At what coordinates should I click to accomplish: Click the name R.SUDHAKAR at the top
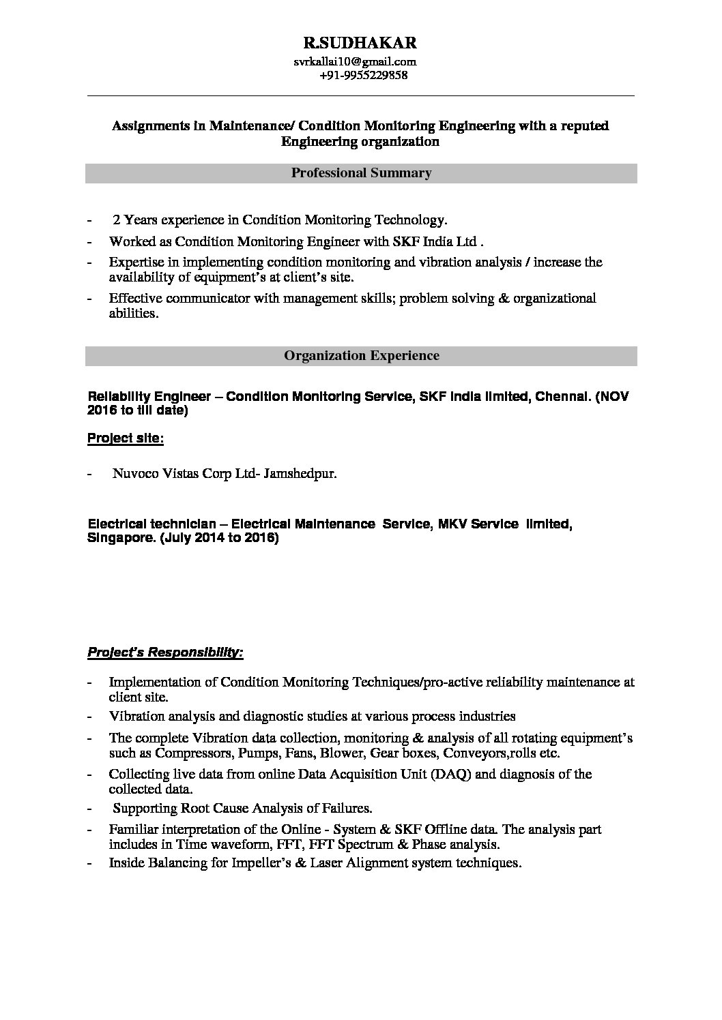click(x=360, y=44)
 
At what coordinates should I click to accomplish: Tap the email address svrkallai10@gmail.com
click(x=355, y=61)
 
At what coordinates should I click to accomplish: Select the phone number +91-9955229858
click(x=363, y=75)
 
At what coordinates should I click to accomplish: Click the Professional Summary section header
click(x=361, y=173)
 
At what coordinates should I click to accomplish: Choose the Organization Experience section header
click(x=361, y=356)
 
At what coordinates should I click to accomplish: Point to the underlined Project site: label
click(x=126, y=438)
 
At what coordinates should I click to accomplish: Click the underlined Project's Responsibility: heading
click(x=165, y=652)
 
